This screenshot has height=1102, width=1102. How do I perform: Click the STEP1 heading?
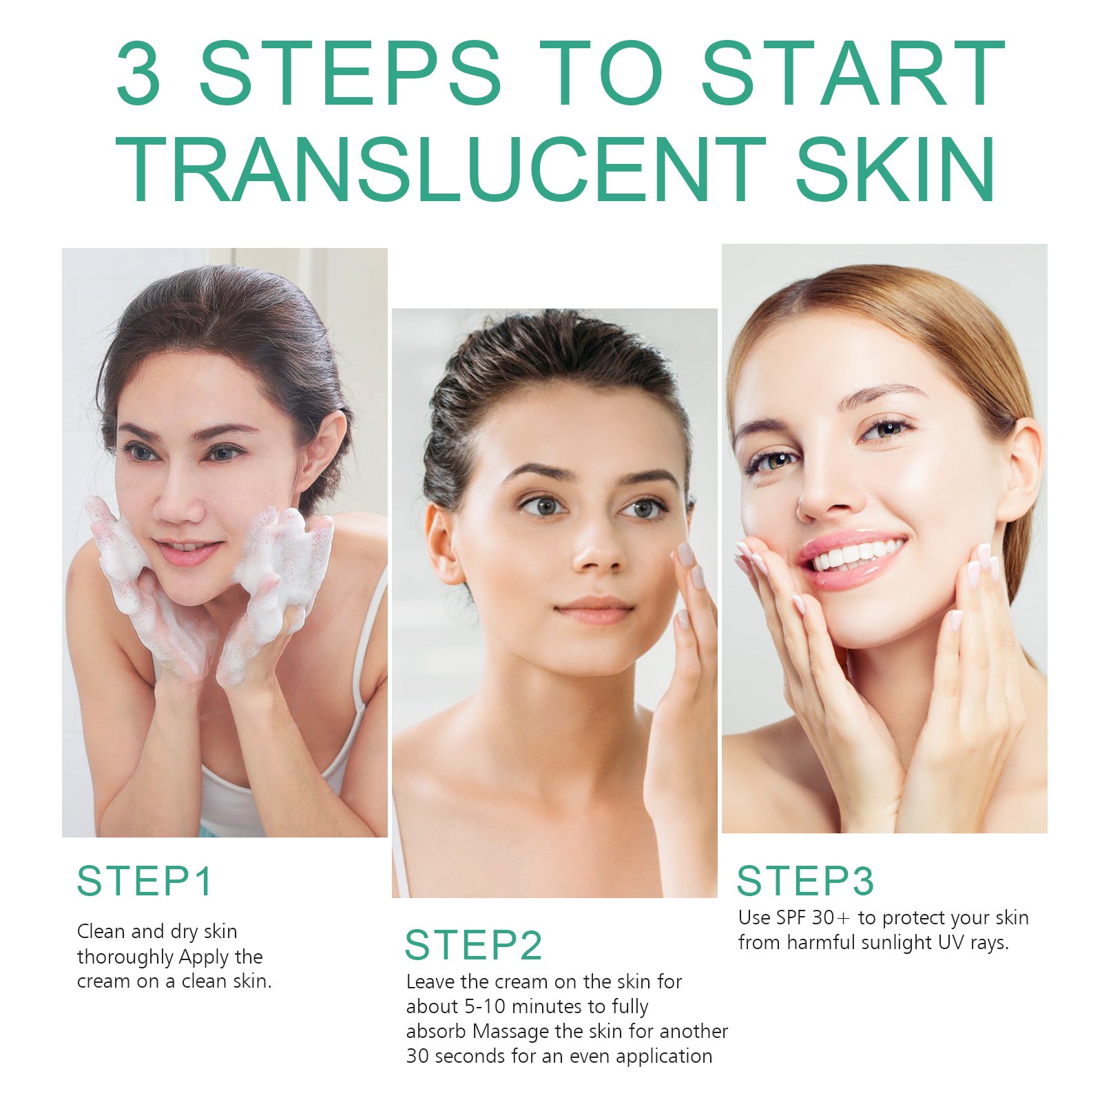tap(145, 881)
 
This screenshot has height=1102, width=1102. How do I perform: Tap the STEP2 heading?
tap(473, 945)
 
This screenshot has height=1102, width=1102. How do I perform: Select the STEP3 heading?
tap(805, 881)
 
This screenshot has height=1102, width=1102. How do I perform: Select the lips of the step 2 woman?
tap(594, 609)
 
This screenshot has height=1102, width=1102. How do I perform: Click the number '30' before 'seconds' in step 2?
tap(417, 1056)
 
